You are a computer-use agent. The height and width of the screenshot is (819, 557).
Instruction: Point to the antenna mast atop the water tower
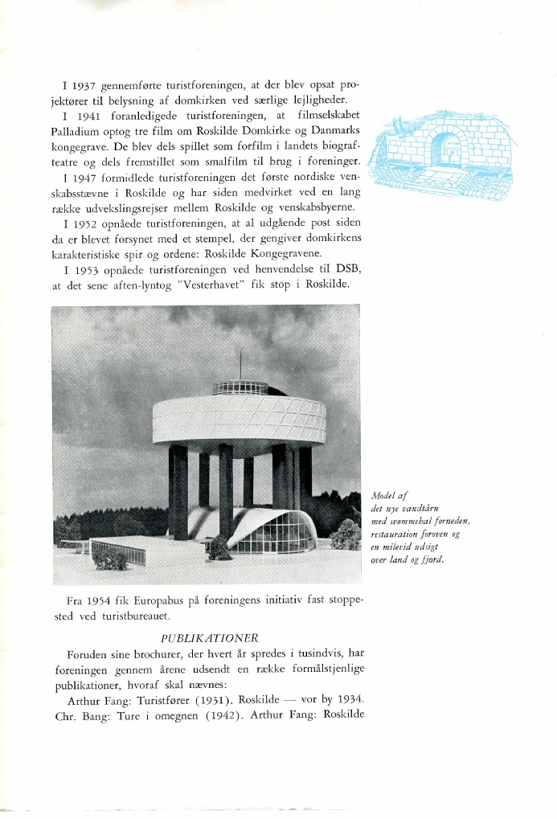240,366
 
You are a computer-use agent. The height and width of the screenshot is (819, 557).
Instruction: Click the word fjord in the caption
432,560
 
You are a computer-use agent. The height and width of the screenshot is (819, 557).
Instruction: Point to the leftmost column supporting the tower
178,490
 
